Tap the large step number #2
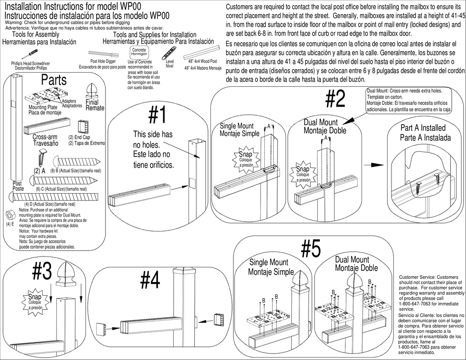pyautogui.click(x=335, y=100)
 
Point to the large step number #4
pyautogui.click(x=150, y=281)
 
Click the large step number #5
pyautogui.click(x=311, y=249)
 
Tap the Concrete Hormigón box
pyautogui.click(x=139, y=51)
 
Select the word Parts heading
pyautogui.click(x=54, y=79)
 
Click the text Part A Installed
pyautogui.click(x=423, y=128)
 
